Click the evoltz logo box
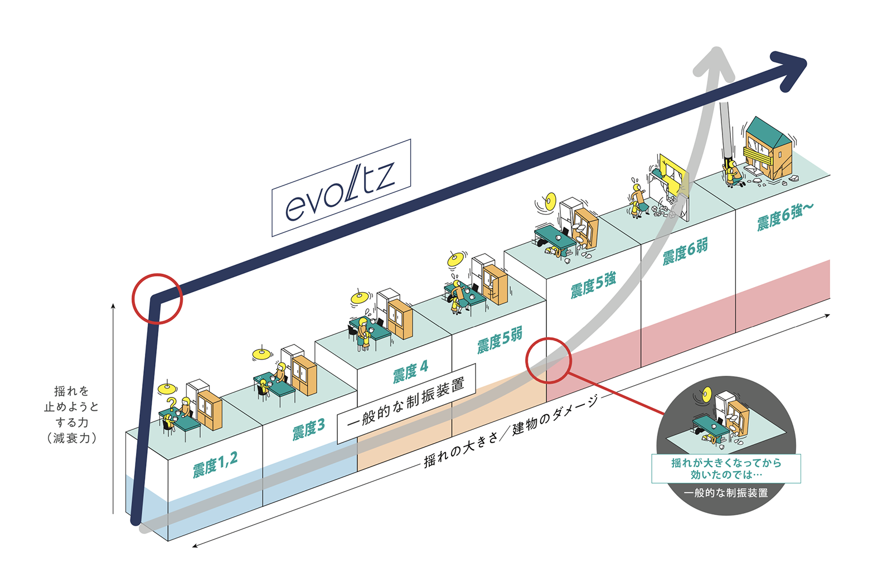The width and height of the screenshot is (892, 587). pos(341,188)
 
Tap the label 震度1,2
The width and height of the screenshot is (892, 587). pos(215,464)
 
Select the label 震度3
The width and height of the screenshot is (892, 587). pos(308,429)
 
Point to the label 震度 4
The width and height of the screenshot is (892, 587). pos(410,371)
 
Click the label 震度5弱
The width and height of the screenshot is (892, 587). pos(500,340)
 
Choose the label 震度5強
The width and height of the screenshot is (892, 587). pos(593,285)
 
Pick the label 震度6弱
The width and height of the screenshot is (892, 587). pos(685,251)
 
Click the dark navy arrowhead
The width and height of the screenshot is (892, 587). pos(789,70)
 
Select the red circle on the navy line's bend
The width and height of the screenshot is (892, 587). pos(157,299)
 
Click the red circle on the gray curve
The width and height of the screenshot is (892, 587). pos(549,360)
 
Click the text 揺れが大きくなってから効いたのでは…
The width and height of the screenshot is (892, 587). pos(726,468)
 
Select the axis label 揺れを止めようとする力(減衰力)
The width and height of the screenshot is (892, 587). pos(71,414)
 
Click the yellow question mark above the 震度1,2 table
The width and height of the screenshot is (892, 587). pos(172,402)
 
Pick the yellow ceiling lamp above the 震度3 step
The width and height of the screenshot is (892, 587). pos(261,353)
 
